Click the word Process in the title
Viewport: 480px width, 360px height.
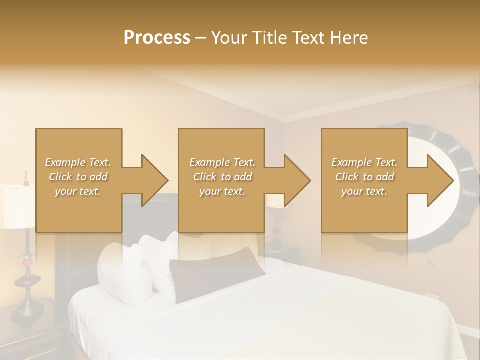point(157,38)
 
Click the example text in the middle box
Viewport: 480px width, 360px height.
point(222,177)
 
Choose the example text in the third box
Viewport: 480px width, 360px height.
point(364,177)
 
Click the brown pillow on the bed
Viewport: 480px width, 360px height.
point(215,272)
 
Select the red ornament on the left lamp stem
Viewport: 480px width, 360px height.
point(27,260)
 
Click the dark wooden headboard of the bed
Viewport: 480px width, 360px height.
point(145,210)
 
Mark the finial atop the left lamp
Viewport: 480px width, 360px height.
point(26,176)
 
